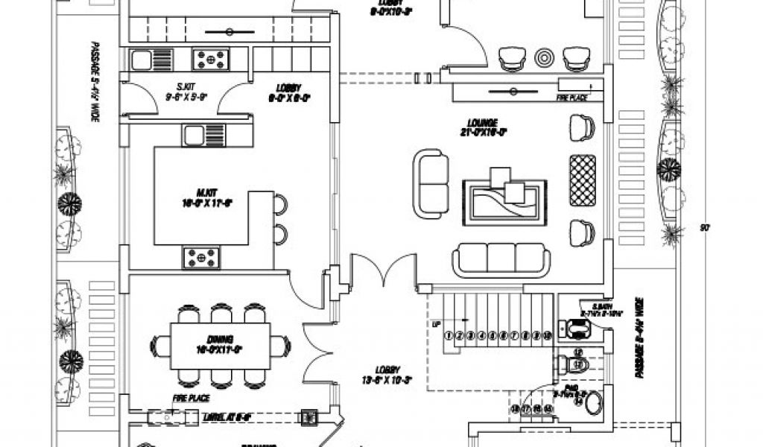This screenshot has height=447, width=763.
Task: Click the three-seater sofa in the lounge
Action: (501, 258)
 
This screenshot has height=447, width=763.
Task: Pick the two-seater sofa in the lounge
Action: (431, 184)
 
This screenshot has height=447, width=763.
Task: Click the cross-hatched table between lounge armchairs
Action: (582, 180)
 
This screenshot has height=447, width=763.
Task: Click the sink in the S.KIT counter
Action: (142, 58)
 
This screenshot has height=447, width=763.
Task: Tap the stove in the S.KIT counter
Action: (211, 58)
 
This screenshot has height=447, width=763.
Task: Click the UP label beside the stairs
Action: (436, 325)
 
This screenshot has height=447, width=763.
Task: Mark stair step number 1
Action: (449, 335)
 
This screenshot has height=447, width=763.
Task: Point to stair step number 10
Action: (547, 335)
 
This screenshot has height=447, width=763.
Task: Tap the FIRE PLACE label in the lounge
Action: (572, 97)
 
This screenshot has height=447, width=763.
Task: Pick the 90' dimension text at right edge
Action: (704, 227)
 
